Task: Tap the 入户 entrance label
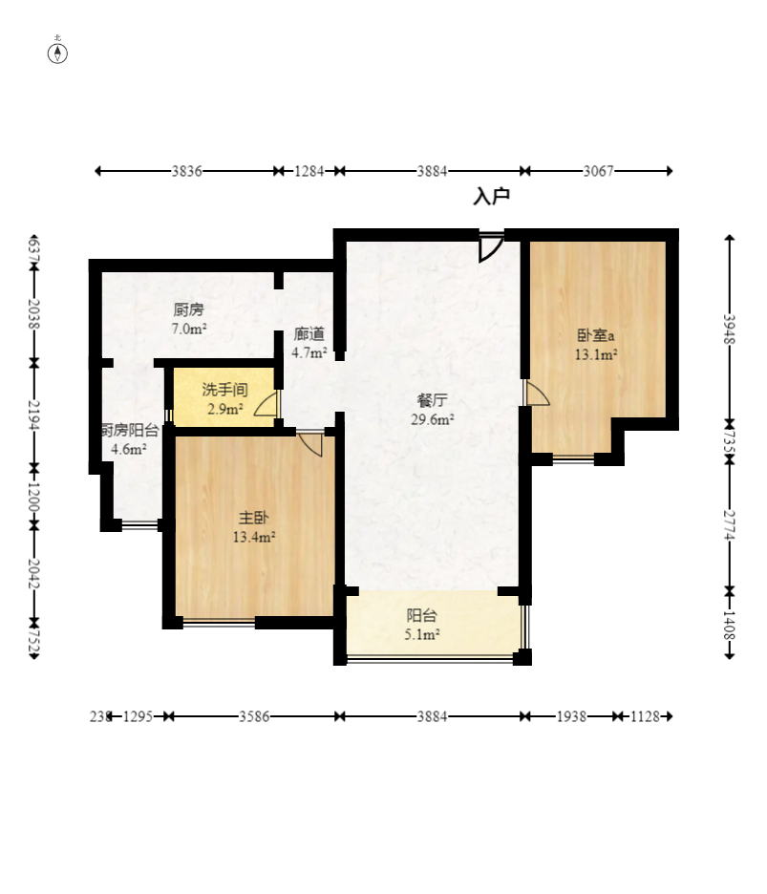pyautogui.click(x=491, y=196)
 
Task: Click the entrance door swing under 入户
pyautogui.click(x=490, y=247)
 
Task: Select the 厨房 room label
pyautogui.click(x=188, y=310)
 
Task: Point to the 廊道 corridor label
pyautogui.click(x=309, y=334)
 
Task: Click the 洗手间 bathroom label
pyautogui.click(x=224, y=390)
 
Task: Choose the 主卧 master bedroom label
pyautogui.click(x=253, y=518)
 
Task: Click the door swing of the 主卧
pyautogui.click(x=309, y=444)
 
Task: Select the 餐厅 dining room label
pyautogui.click(x=433, y=400)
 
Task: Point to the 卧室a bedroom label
pyautogui.click(x=596, y=334)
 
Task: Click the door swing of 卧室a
pyautogui.click(x=537, y=394)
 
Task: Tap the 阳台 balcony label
pyautogui.click(x=422, y=616)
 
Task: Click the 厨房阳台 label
pyautogui.click(x=130, y=431)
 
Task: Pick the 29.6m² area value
pyautogui.click(x=433, y=419)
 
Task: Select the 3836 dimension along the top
pyautogui.click(x=187, y=171)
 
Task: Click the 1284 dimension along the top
pyautogui.click(x=309, y=171)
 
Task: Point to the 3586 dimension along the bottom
pyautogui.click(x=254, y=716)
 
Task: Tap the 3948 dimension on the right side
pyautogui.click(x=730, y=329)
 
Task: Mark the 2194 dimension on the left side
pyautogui.click(x=34, y=415)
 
